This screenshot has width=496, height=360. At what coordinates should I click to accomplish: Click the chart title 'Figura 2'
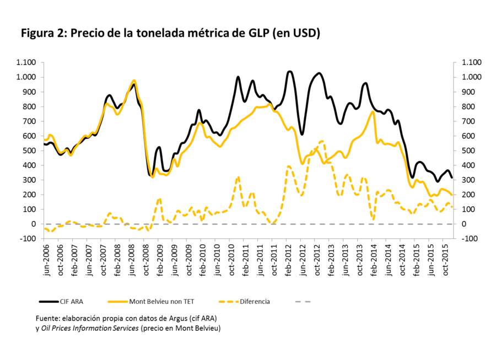pos(43,33)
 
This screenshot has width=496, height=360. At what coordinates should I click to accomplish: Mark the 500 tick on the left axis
pos(30,151)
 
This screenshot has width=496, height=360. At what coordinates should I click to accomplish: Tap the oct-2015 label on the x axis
pos(445,255)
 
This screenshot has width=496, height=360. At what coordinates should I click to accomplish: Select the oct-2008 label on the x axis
pos(145,255)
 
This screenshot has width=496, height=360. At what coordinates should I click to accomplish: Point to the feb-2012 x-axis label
pos(288,255)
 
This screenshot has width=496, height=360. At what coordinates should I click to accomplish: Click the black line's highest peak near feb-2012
pos(289,72)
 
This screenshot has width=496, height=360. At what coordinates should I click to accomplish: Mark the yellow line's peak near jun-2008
pos(134,80)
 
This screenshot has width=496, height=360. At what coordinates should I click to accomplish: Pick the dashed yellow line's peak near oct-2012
pos(322,141)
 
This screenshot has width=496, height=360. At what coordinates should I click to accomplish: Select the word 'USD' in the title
pos(303,33)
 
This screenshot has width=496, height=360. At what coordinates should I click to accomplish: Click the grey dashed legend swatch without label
pos(304,302)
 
